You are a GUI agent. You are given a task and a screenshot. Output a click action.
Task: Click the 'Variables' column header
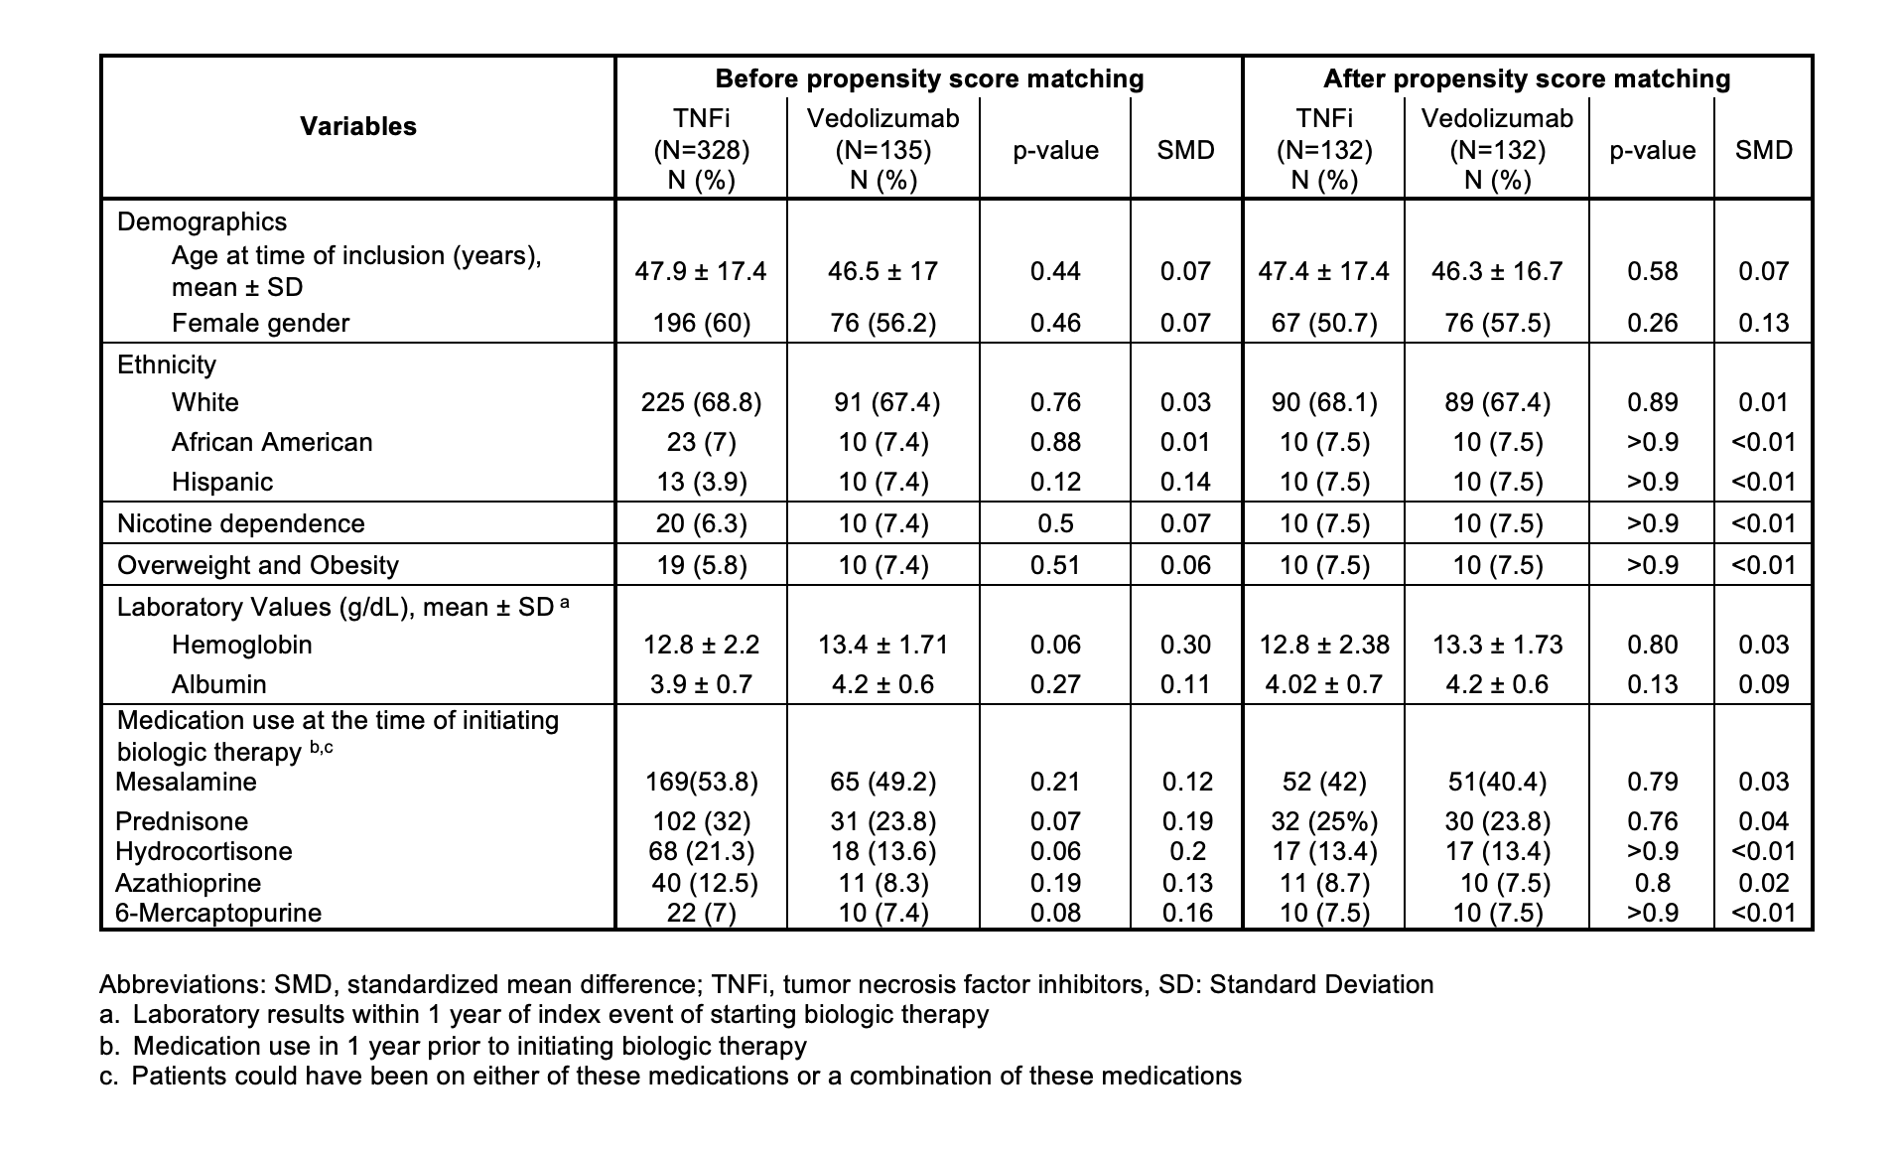[358, 126]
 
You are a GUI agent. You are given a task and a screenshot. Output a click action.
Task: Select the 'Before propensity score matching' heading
[929, 78]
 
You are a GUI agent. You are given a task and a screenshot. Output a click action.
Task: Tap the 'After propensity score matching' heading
[1527, 78]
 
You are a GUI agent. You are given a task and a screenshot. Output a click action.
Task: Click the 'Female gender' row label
[260, 323]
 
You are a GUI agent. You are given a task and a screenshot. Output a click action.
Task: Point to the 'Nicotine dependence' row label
[241, 523]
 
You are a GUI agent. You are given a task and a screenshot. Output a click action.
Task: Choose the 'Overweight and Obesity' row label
[258, 565]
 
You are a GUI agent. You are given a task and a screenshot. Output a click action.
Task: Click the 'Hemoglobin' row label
[242, 645]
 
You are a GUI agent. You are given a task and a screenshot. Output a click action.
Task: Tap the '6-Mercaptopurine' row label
[218, 913]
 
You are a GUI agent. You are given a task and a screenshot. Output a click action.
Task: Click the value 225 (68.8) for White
[701, 402]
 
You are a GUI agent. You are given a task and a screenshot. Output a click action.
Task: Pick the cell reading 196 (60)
[701, 323]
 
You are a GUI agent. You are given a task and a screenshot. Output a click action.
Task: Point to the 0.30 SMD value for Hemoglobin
[1186, 645]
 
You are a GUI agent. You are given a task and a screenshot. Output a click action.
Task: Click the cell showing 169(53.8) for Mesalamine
[702, 782]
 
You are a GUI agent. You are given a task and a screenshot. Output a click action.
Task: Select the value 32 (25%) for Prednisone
[1323, 821]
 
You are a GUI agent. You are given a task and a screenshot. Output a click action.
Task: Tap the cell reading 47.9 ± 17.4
[701, 271]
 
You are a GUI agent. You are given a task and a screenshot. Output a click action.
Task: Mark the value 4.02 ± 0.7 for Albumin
[1323, 684]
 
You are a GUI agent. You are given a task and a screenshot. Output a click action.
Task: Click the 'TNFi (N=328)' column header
[701, 149]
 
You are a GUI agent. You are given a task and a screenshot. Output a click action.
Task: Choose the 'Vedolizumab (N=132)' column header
[1497, 149]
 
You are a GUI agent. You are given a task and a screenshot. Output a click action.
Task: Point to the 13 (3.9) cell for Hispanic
[701, 482]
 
